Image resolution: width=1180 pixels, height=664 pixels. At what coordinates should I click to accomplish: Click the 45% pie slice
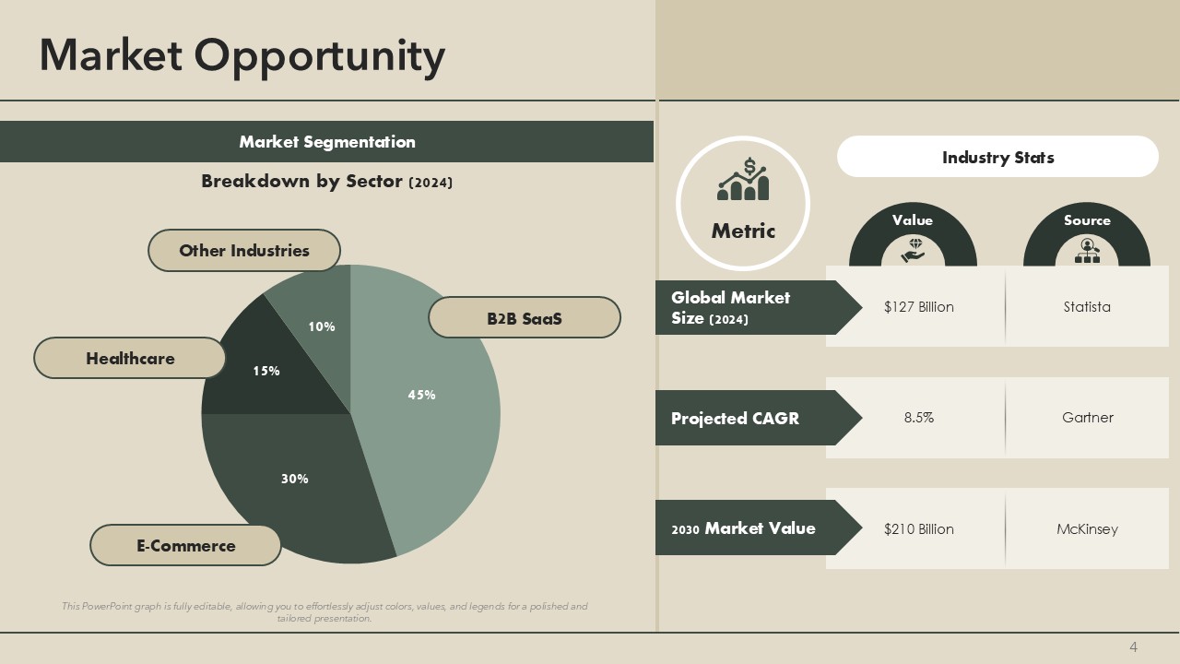click(x=433, y=406)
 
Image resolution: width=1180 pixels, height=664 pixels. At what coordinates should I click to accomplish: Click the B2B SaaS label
click(x=524, y=318)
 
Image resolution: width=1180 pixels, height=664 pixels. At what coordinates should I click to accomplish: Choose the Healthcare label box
click(x=130, y=358)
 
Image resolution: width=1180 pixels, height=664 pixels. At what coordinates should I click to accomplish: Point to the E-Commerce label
click(x=185, y=545)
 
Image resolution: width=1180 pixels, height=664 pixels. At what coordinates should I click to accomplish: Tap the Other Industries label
click(x=244, y=250)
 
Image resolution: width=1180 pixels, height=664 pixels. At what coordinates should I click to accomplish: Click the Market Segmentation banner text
click(x=327, y=142)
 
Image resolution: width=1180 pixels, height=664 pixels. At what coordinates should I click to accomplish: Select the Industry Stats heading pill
click(x=997, y=157)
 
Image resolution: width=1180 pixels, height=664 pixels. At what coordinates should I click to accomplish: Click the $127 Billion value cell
click(x=918, y=307)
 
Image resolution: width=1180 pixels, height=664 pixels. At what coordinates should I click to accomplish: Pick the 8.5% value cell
click(x=918, y=418)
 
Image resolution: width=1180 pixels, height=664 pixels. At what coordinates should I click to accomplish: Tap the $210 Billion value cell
click(x=918, y=528)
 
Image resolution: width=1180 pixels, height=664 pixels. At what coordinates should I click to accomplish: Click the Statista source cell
click(x=1087, y=307)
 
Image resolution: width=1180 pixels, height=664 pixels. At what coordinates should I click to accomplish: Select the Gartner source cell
click(x=1087, y=418)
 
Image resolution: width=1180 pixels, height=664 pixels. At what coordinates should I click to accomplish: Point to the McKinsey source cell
click(x=1087, y=528)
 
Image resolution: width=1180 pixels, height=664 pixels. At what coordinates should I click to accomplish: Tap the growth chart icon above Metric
click(x=743, y=180)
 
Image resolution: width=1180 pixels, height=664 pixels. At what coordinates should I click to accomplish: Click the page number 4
click(x=1134, y=647)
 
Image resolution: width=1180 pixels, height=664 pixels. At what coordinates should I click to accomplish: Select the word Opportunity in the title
click(x=320, y=55)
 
